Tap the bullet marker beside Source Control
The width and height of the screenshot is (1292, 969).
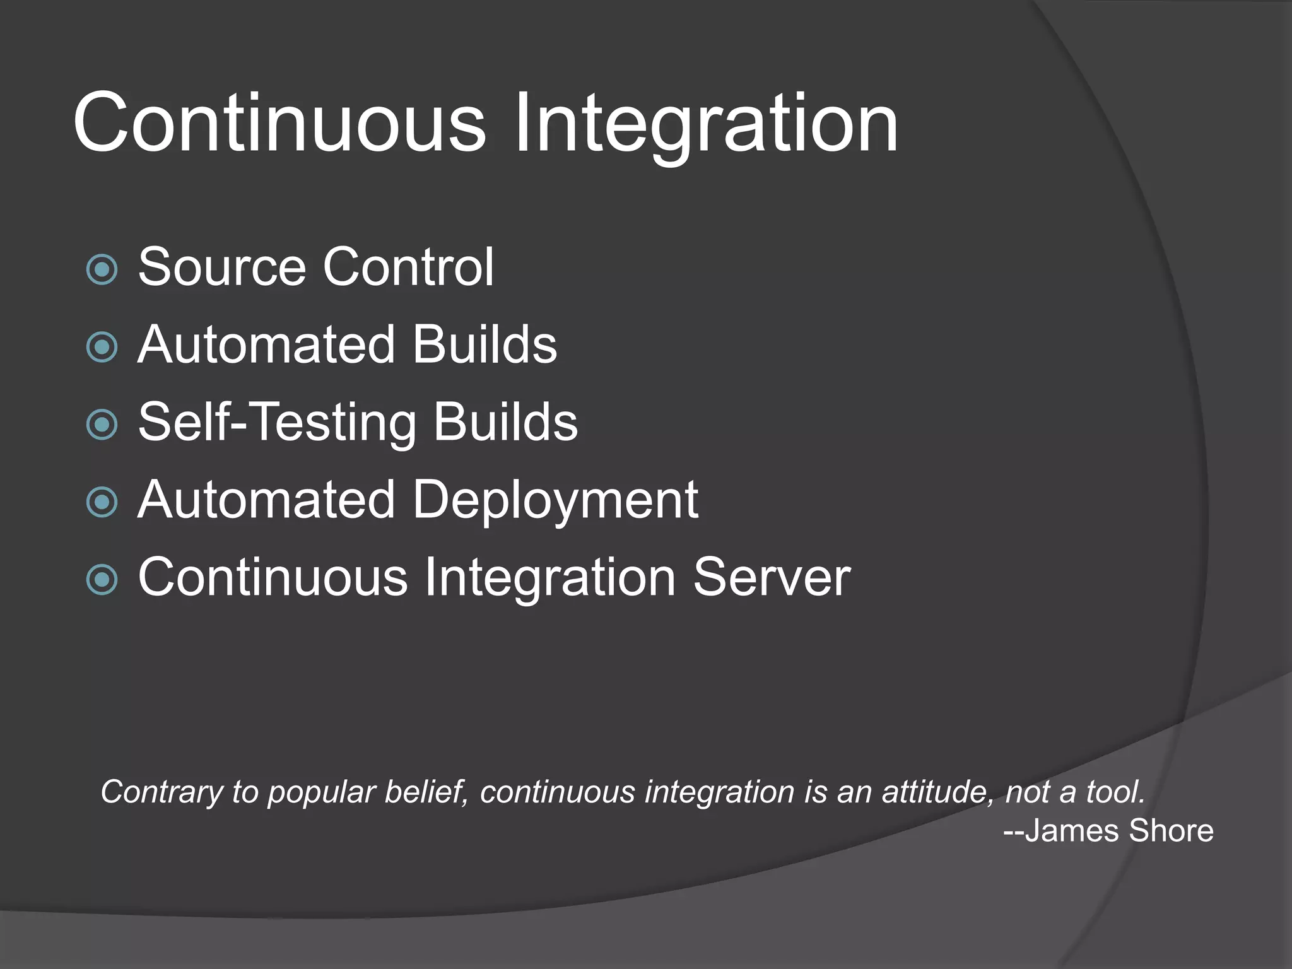click(x=102, y=269)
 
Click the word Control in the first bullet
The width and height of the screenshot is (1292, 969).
click(x=408, y=267)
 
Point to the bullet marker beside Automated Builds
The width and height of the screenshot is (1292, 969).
click(x=102, y=347)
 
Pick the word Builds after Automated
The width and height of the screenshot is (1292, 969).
click(x=484, y=344)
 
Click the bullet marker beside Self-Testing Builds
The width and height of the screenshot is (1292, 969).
click(x=102, y=425)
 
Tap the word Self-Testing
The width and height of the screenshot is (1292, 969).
click(x=277, y=423)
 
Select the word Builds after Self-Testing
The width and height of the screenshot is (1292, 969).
click(x=505, y=422)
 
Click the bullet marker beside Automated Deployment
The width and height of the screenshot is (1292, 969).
click(x=102, y=502)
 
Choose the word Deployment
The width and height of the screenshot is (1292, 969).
click(x=555, y=500)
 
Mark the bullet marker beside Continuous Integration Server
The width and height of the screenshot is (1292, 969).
click(x=102, y=580)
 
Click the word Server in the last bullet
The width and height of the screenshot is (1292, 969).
click(x=772, y=577)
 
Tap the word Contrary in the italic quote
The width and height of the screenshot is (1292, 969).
click(x=161, y=792)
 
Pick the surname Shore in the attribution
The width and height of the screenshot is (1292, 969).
click(x=1172, y=831)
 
